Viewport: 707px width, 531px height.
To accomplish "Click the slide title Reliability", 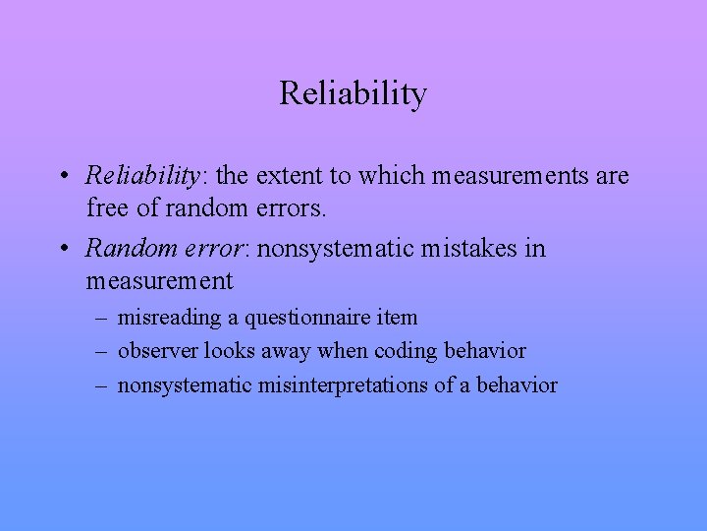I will [353, 93].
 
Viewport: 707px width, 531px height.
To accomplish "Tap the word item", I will [396, 318].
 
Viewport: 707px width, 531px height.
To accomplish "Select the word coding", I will [404, 351].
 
